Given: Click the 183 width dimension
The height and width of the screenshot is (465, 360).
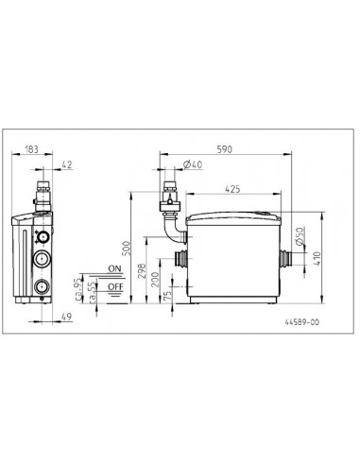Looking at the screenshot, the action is (x=31, y=149).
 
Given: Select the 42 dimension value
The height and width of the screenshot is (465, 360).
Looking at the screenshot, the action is (x=67, y=164).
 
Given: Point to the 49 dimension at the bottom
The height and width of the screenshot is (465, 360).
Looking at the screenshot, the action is (x=66, y=317).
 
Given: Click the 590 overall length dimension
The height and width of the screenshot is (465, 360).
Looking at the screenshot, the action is (x=225, y=149).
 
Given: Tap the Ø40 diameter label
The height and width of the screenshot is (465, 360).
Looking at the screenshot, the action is (x=193, y=164).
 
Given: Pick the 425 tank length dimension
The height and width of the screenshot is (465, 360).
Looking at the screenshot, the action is (x=232, y=189).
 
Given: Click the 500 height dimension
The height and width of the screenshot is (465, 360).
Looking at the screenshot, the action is (x=126, y=249).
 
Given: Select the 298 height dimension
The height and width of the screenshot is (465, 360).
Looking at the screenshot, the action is (x=143, y=271).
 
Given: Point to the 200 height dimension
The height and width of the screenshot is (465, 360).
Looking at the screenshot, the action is (x=156, y=279).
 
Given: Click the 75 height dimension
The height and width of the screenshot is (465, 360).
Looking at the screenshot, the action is (x=168, y=295).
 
